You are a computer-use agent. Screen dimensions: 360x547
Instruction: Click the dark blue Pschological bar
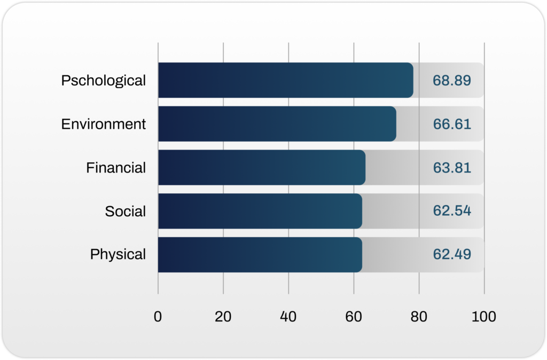tap(285, 80)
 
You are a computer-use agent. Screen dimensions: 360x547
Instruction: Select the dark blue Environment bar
tap(277, 124)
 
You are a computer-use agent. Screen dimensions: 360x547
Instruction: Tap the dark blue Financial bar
tap(261, 168)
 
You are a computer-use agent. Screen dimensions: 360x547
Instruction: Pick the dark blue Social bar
tap(260, 211)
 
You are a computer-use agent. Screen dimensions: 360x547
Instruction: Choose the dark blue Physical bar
tap(260, 255)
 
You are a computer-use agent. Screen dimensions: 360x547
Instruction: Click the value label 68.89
tap(452, 81)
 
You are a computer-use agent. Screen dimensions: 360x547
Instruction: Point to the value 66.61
tap(452, 124)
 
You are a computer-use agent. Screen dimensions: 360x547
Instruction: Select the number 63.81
tap(452, 168)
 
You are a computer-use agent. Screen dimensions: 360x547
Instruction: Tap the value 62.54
tap(452, 211)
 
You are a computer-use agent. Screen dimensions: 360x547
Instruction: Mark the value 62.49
tap(452, 255)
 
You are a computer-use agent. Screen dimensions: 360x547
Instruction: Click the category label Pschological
tap(103, 81)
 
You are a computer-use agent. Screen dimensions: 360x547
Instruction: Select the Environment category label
tap(103, 124)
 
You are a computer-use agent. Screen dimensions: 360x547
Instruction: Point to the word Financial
tap(116, 168)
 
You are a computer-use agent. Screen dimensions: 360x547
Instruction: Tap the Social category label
tap(125, 211)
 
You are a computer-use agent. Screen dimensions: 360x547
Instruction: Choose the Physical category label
tap(118, 255)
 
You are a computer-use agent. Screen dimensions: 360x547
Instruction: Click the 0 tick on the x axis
tap(158, 317)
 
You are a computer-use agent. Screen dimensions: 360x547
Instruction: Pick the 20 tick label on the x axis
tap(223, 317)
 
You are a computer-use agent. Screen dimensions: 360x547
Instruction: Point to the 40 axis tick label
tap(288, 317)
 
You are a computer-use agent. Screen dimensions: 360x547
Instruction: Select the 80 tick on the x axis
tap(419, 317)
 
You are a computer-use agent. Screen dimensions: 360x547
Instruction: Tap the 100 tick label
tap(484, 317)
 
